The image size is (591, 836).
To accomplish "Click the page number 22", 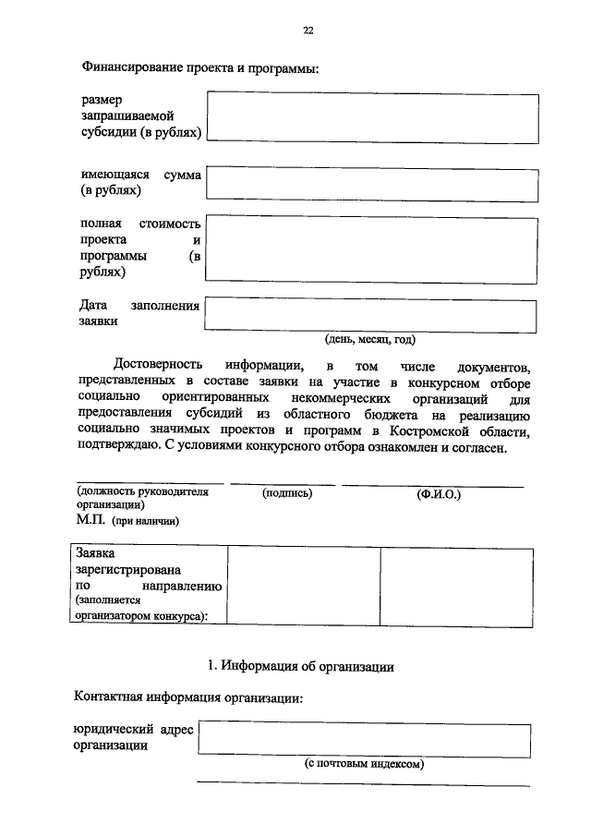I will (308, 30).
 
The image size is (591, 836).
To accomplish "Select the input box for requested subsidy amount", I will (373, 116).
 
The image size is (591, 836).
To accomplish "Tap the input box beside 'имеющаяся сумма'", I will (372, 183).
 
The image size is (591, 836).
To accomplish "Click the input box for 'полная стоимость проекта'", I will (372, 252).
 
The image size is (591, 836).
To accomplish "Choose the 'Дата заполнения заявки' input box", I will (372, 314).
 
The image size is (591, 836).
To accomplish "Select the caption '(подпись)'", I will (288, 493).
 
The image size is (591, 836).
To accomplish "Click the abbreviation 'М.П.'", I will (91, 521).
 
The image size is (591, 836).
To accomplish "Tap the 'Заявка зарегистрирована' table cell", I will (148, 586).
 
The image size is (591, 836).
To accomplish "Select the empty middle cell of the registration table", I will (303, 586).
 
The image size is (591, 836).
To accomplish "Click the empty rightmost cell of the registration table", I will (456, 586).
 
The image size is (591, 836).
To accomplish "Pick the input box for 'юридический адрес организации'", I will (364, 739).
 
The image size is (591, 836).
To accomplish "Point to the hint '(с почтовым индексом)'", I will (364, 766).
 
